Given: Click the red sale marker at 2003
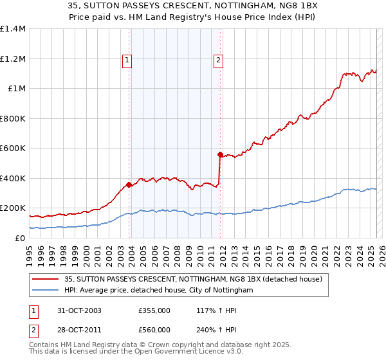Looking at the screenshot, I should pyautogui.click(x=129, y=184).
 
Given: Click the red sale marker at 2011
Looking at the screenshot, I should pyautogui.click(x=220, y=154).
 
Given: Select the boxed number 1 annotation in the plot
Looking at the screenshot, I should pyautogui.click(x=127, y=60).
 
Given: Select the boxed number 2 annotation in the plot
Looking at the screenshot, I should pyautogui.click(x=218, y=60).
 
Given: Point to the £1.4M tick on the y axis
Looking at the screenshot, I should pyautogui.click(x=12, y=29).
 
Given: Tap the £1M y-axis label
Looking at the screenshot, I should pyautogui.click(x=16, y=89).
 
